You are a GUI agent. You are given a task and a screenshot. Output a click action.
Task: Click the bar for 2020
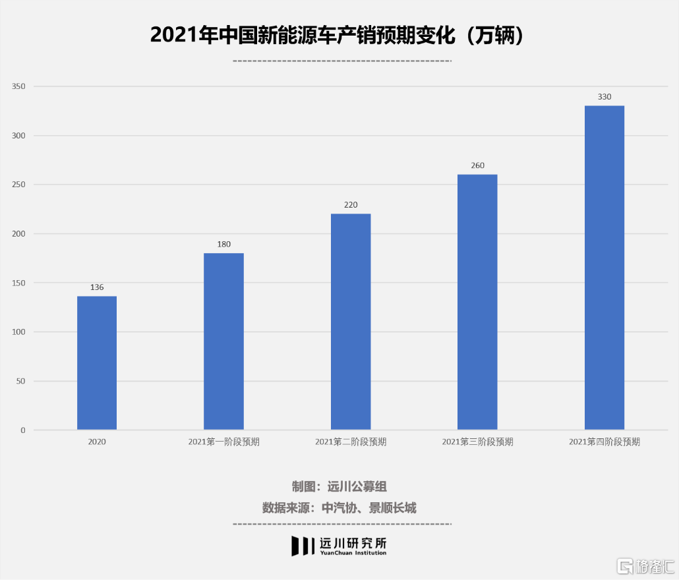click(x=97, y=363)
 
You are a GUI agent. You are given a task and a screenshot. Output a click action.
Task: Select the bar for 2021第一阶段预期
click(x=223, y=341)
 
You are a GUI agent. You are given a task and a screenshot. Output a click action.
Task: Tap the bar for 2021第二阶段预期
click(x=351, y=322)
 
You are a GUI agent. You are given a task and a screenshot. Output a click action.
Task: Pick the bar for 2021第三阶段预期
click(x=477, y=302)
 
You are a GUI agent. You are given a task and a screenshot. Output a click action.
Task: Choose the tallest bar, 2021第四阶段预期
click(x=604, y=268)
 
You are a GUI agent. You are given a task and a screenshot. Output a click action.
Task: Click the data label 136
click(x=97, y=287)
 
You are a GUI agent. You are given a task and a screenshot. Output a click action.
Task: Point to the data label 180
click(x=223, y=245)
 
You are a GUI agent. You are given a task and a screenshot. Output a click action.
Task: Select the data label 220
click(x=351, y=205)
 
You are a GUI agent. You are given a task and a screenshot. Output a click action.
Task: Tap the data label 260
click(x=477, y=165)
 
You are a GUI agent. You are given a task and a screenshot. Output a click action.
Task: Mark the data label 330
click(x=604, y=97)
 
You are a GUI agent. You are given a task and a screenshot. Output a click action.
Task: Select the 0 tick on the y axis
click(x=23, y=430)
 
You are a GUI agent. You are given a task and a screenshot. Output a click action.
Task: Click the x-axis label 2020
click(x=97, y=442)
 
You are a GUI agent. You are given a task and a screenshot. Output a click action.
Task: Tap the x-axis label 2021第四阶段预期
click(x=604, y=442)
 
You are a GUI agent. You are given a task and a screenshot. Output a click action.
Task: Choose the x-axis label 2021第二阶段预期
click(x=351, y=442)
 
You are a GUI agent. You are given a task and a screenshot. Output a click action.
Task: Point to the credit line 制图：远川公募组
click(x=339, y=487)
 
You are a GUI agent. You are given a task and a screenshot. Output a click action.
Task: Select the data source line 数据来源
click(x=339, y=507)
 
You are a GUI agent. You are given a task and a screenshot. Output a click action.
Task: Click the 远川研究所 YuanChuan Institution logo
click(x=339, y=545)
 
